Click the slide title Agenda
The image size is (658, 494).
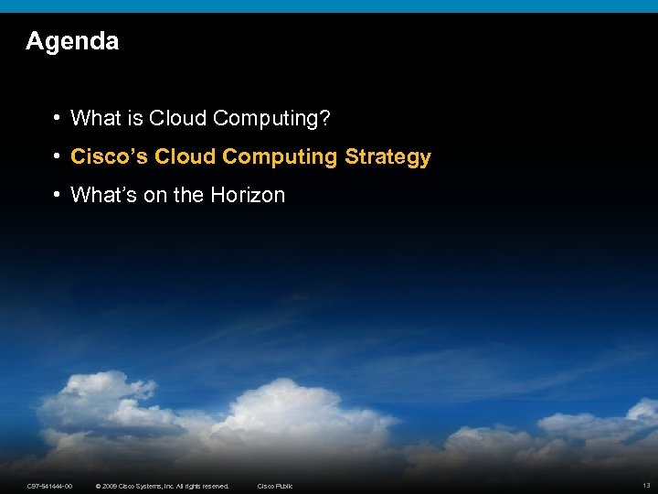pyautogui.click(x=72, y=41)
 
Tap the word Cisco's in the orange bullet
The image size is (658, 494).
pyautogui.click(x=110, y=156)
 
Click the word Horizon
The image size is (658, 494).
pyautogui.click(x=248, y=195)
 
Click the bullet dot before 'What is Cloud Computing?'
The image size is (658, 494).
pyautogui.click(x=57, y=118)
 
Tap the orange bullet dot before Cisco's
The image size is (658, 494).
pyautogui.click(x=57, y=156)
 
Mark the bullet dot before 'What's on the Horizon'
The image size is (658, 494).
pyautogui.click(x=57, y=195)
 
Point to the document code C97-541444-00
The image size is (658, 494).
pyautogui.click(x=50, y=486)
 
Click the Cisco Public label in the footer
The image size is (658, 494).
pyautogui.click(x=275, y=486)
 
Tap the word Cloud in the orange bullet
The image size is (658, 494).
pyautogui.click(x=186, y=156)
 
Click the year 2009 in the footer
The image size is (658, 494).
pyautogui.click(x=111, y=486)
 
